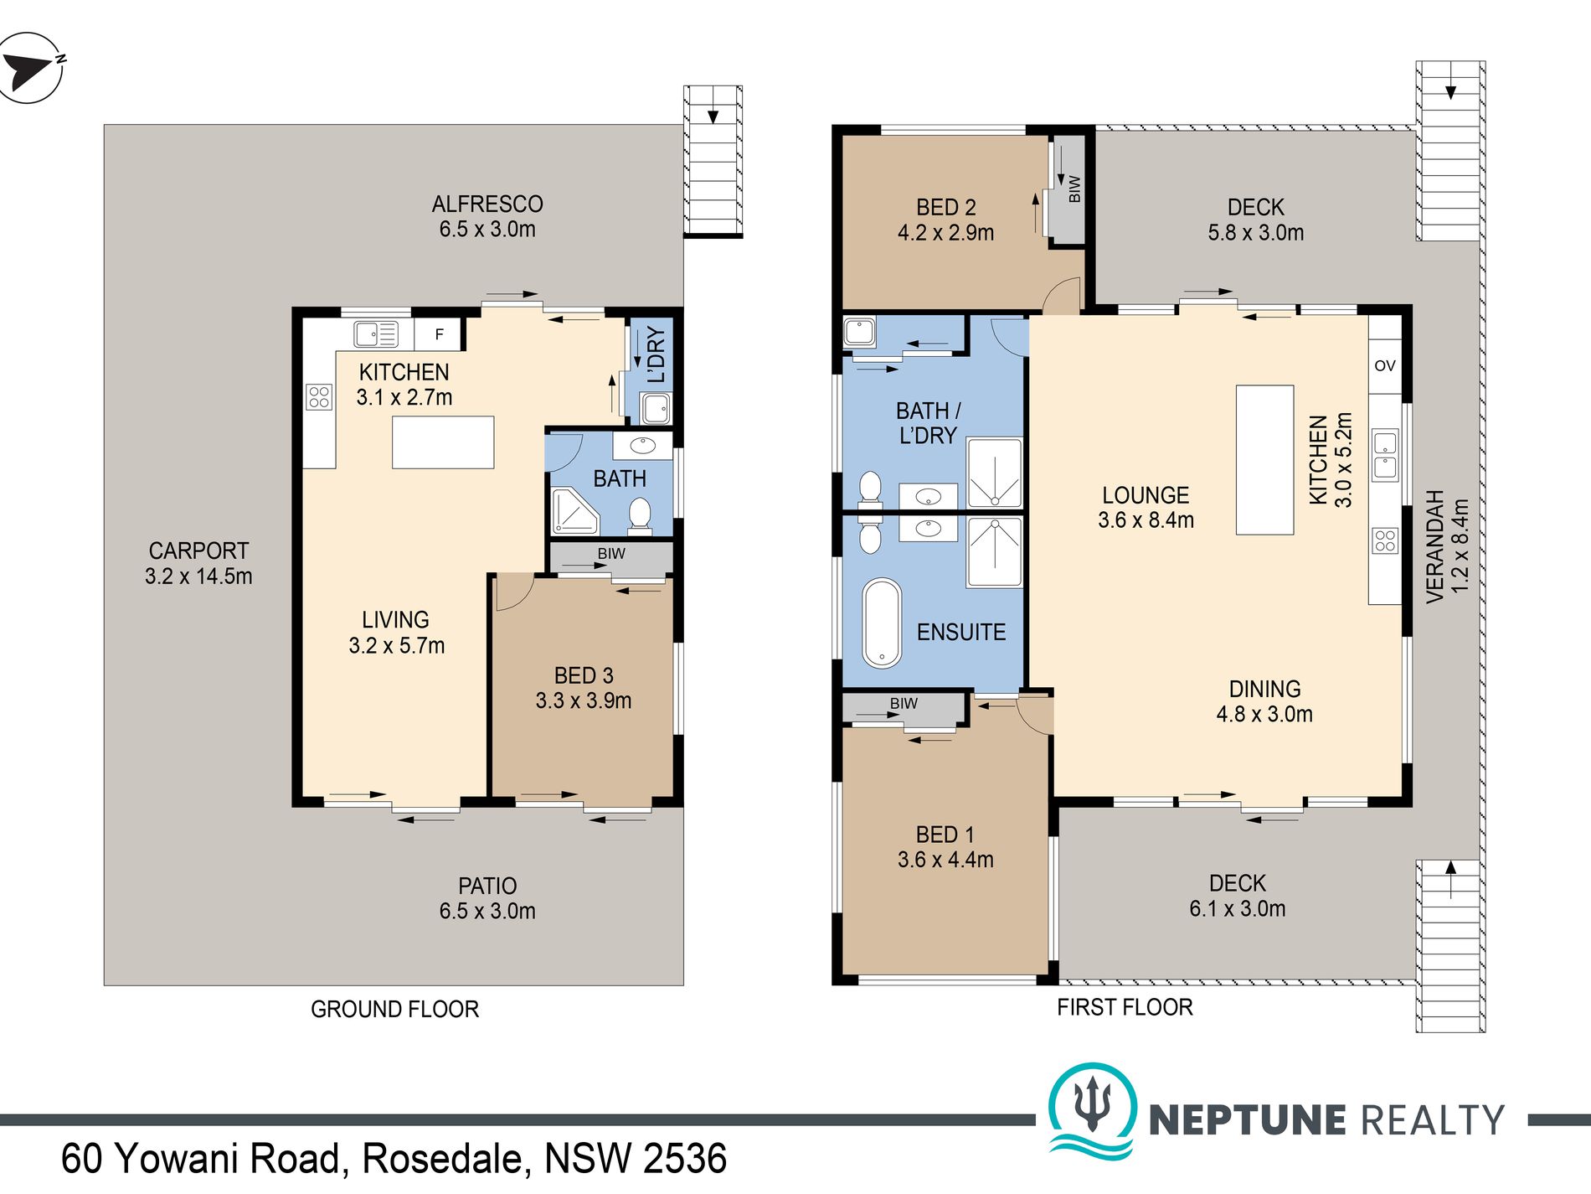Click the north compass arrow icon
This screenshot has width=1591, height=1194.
pyautogui.click(x=30, y=67)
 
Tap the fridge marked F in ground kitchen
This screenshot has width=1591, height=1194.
pyautogui.click(x=439, y=334)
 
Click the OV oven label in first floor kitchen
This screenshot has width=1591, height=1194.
pyautogui.click(x=1385, y=365)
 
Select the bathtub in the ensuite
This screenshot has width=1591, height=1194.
pyautogui.click(x=882, y=623)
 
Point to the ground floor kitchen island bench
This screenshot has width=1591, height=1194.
pyautogui.click(x=443, y=442)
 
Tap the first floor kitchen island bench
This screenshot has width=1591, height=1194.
pyautogui.click(x=1264, y=459)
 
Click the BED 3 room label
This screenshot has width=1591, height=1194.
pyautogui.click(x=584, y=675)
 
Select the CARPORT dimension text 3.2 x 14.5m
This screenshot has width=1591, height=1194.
pyautogui.click(x=198, y=576)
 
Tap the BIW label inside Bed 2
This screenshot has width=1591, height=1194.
pyautogui.click(x=1074, y=189)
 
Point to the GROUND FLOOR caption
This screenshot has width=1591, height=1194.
pyautogui.click(x=394, y=1009)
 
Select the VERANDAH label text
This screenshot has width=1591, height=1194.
pyautogui.click(x=1434, y=546)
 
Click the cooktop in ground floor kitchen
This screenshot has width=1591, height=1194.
pyautogui.click(x=319, y=396)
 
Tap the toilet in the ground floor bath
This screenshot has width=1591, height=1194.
pyautogui.click(x=640, y=514)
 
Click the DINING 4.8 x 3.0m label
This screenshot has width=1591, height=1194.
pyautogui.click(x=1264, y=701)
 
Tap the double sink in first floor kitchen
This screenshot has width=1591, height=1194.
pyautogui.click(x=1385, y=455)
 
